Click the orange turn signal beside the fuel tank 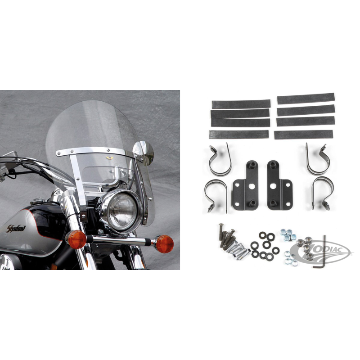coord(76,239)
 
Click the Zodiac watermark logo coord(321,252)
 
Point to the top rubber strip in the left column coord(241,104)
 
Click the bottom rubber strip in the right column coord(303,135)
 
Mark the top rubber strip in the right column coord(306,99)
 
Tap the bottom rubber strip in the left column coord(239,134)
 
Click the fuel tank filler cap coord(38,201)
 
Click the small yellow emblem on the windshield coord(110,157)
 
